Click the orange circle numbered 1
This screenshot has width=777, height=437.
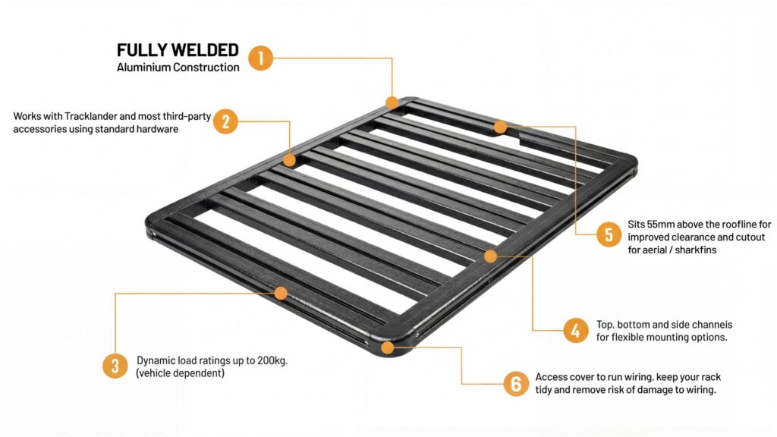(261, 58)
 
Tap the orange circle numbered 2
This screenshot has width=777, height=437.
(225, 121)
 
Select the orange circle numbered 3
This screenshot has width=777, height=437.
(115, 366)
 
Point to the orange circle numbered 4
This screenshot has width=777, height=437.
(576, 330)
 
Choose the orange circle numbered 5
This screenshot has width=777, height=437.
(609, 234)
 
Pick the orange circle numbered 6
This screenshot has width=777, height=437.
(516, 384)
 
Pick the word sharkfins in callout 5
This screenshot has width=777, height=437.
(696, 250)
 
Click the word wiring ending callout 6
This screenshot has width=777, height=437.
(701, 390)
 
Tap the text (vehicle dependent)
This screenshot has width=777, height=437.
(181, 373)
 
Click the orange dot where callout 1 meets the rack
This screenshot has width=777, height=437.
(392, 102)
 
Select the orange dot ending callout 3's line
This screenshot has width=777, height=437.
(281, 294)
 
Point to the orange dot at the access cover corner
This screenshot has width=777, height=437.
(388, 347)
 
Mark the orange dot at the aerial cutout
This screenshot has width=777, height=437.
(500, 127)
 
